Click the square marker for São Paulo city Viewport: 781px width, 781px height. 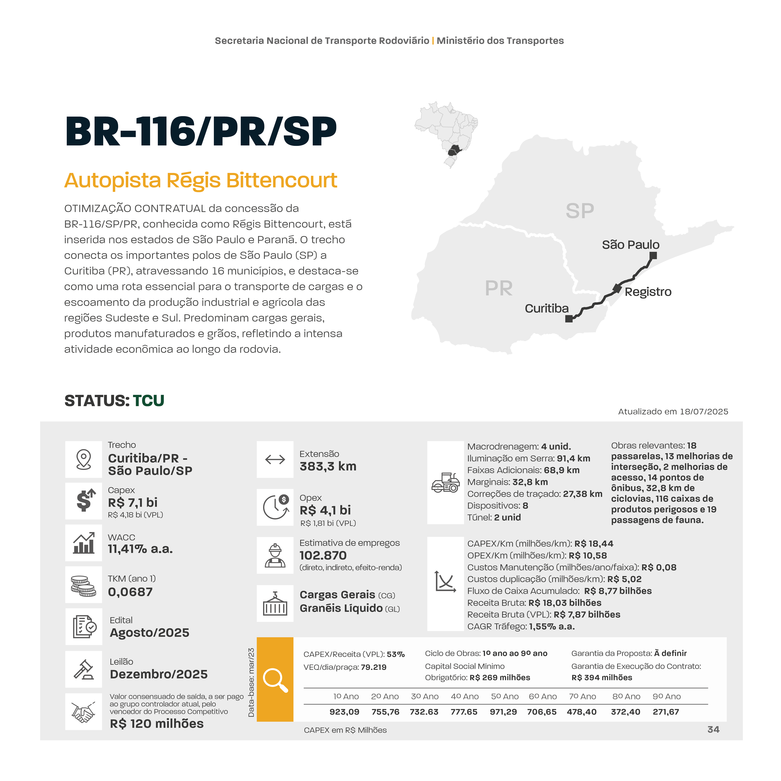point(653,255)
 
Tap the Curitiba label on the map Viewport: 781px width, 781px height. point(547,308)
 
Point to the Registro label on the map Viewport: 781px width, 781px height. point(648,292)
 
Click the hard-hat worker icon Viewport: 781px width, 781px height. point(275,555)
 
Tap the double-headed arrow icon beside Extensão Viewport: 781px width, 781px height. point(275,460)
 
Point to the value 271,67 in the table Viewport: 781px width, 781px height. point(666,712)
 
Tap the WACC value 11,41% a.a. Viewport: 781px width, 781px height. point(140,549)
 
